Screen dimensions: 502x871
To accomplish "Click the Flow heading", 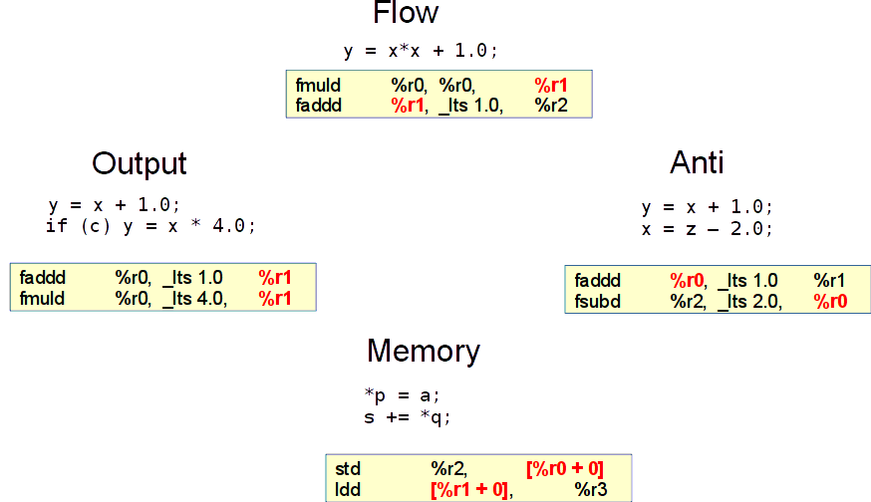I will point(406,13).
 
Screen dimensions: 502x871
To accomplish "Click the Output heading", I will point(140,163).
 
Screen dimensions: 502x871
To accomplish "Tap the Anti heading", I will point(697,162).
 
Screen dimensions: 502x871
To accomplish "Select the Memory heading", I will point(424,351).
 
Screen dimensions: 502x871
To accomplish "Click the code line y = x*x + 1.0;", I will point(420,50).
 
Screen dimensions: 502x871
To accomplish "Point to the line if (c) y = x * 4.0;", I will point(150,226).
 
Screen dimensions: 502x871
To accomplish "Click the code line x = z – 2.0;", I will point(708,228).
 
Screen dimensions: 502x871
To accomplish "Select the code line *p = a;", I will point(403,395).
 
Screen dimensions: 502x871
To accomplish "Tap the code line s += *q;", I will point(408,416).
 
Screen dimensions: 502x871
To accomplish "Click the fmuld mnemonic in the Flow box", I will point(318,86).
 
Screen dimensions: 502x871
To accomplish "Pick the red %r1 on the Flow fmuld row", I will point(550,86).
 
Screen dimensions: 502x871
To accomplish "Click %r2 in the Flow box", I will point(550,105).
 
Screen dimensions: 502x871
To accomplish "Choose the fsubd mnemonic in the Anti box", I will point(598,301).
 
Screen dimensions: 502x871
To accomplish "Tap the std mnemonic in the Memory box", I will point(348,468).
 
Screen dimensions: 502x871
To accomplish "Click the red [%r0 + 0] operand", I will point(564,468).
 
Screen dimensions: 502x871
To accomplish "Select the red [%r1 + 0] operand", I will point(469,489).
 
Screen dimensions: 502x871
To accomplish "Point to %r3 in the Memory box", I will point(591,489).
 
